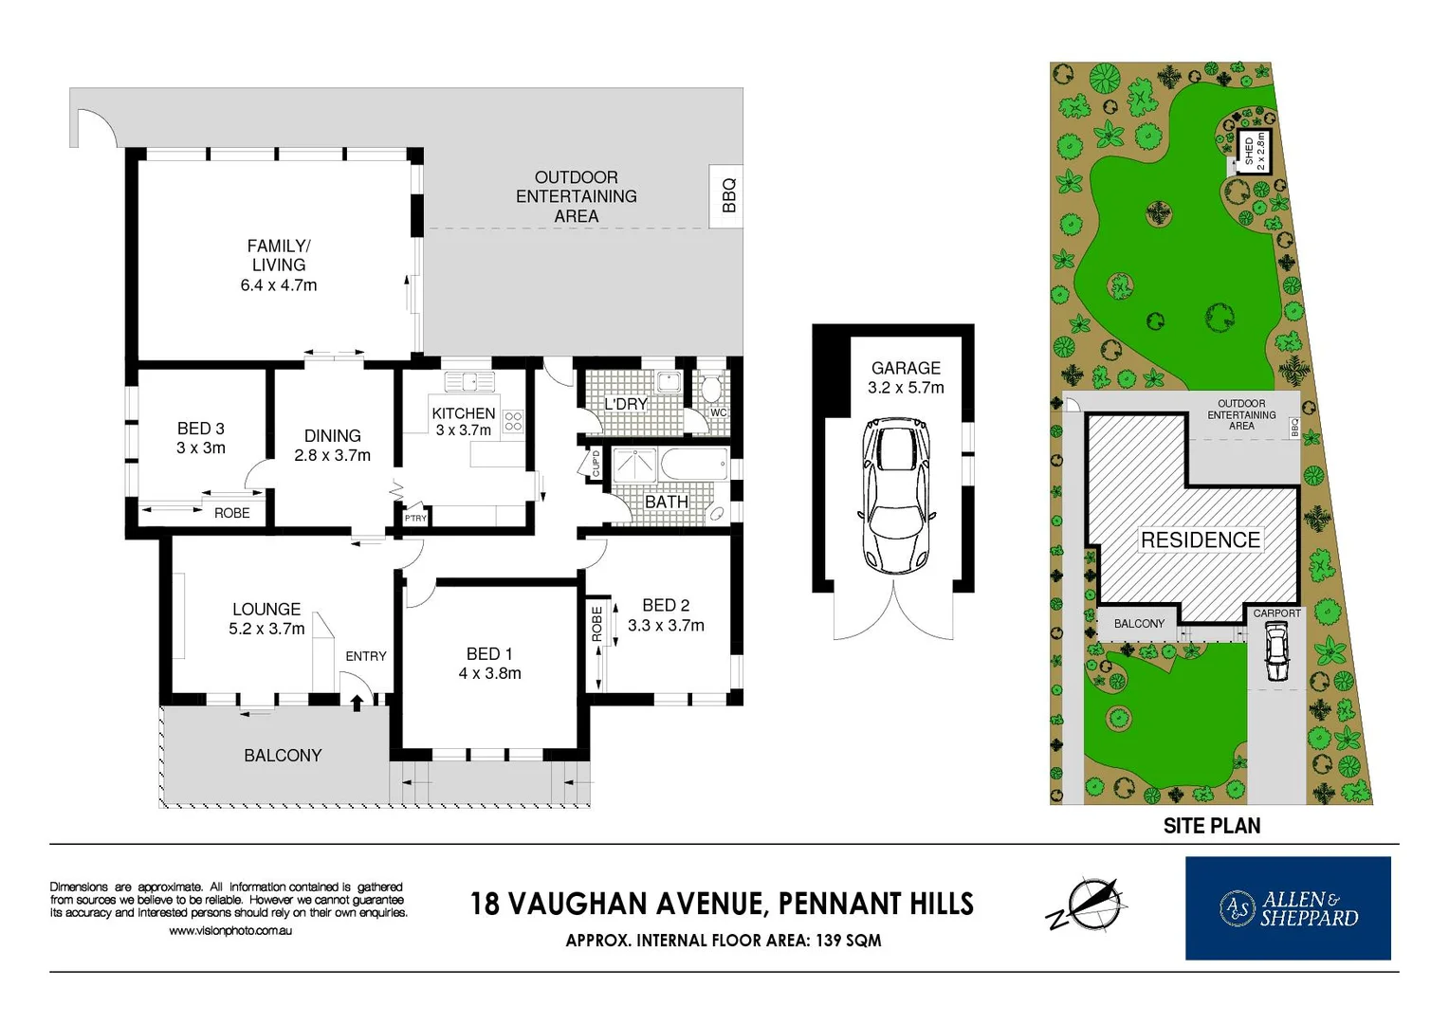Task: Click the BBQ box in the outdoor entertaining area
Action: (x=727, y=196)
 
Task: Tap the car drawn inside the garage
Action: (x=896, y=497)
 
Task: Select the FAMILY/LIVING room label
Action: (x=278, y=255)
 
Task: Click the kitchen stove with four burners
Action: (x=513, y=421)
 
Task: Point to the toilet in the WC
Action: (x=710, y=389)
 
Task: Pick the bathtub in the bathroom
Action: (x=694, y=466)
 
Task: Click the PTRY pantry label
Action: (x=415, y=518)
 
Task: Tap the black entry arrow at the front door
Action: (x=357, y=703)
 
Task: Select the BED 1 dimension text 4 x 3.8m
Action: (x=489, y=673)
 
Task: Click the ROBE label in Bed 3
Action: (x=231, y=513)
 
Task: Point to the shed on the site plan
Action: (x=1254, y=150)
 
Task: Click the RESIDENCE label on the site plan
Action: (x=1200, y=539)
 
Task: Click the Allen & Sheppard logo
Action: (x=1288, y=908)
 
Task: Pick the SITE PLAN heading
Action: (x=1211, y=826)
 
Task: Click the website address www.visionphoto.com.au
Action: (x=230, y=931)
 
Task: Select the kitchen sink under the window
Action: (x=469, y=381)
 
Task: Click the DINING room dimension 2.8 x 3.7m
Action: (x=332, y=455)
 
